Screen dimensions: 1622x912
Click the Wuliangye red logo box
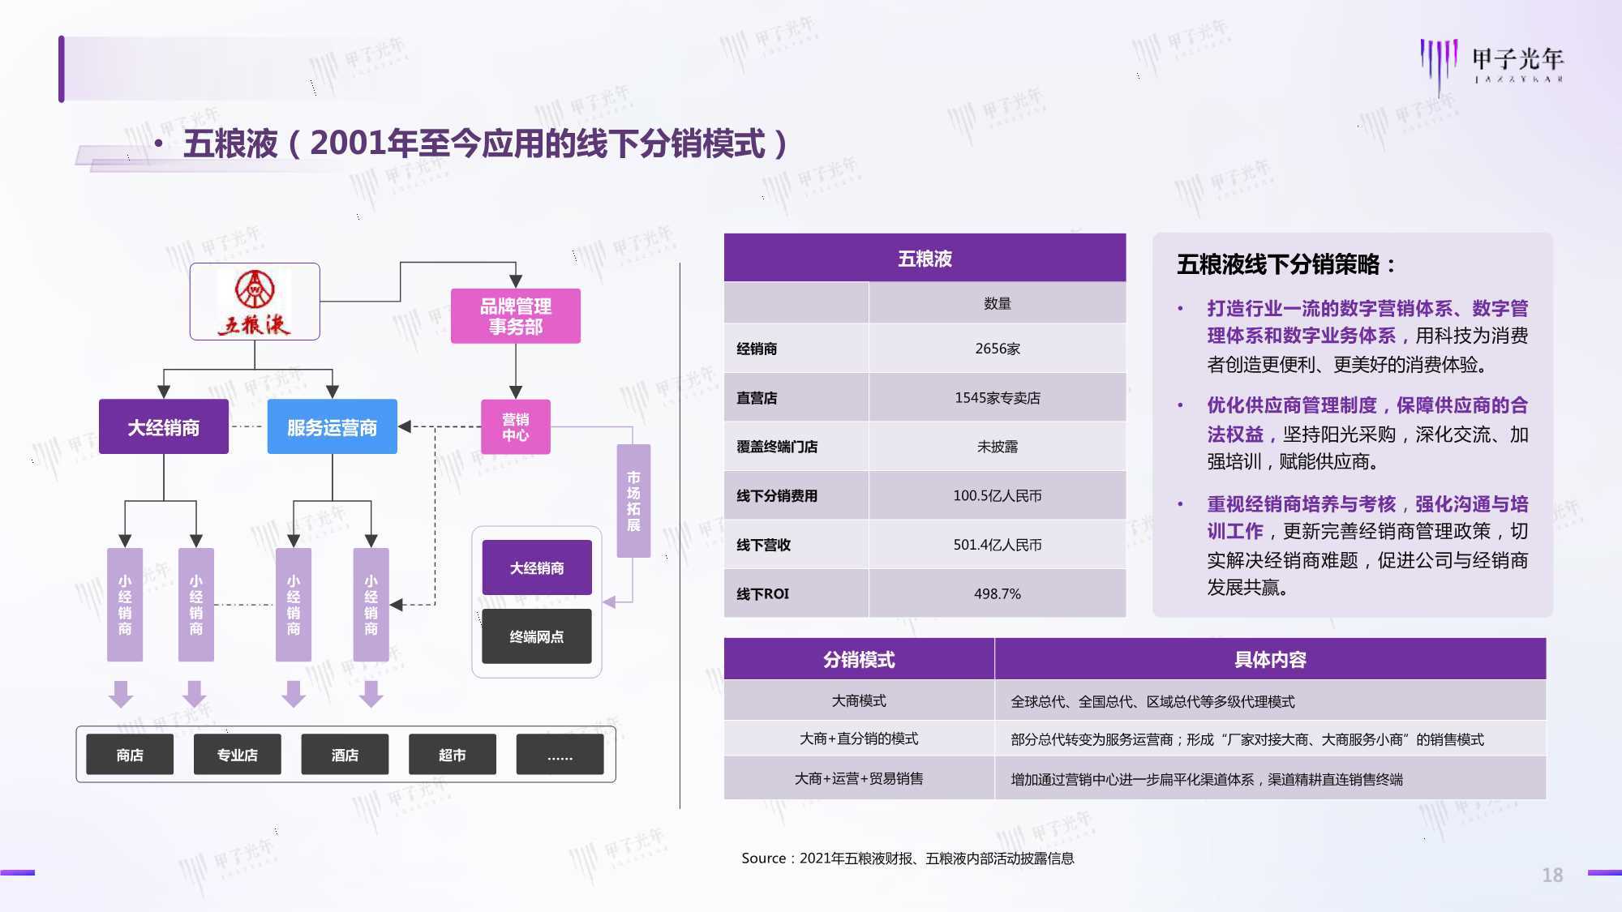point(255,302)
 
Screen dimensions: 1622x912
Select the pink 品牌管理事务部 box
point(516,316)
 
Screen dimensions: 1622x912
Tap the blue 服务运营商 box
point(333,427)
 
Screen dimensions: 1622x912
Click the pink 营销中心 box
point(516,427)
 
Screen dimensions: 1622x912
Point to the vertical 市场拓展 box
point(633,501)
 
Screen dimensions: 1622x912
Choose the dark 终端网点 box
point(537,636)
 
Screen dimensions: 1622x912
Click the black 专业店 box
point(238,755)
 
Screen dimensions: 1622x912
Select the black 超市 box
point(453,755)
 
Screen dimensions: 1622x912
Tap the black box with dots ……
point(560,755)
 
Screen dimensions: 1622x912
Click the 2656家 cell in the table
point(998,349)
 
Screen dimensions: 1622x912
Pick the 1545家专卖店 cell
point(998,398)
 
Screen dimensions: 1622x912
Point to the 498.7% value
point(998,594)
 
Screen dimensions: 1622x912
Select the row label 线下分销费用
point(777,496)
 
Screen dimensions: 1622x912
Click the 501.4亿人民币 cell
point(998,545)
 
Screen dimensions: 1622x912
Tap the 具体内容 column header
point(1270,659)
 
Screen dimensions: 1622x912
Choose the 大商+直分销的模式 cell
point(859,739)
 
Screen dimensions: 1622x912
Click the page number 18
point(1552,875)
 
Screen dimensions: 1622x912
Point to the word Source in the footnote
point(763,858)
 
